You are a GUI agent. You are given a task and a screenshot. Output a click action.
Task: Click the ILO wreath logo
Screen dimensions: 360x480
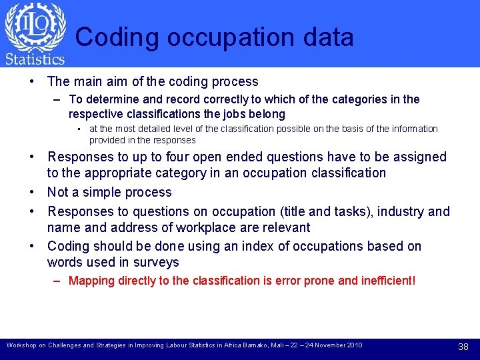[x=35, y=26]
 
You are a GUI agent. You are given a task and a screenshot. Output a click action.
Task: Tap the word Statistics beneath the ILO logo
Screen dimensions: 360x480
[x=35, y=59]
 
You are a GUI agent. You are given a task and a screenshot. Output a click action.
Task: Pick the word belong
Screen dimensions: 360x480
[x=267, y=114]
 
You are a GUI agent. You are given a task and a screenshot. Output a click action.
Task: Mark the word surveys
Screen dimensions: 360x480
[x=157, y=263]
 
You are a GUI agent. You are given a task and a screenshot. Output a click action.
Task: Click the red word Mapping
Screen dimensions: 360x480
[x=92, y=281]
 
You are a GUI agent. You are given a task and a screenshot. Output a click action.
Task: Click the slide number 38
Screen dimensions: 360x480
[x=464, y=347]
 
